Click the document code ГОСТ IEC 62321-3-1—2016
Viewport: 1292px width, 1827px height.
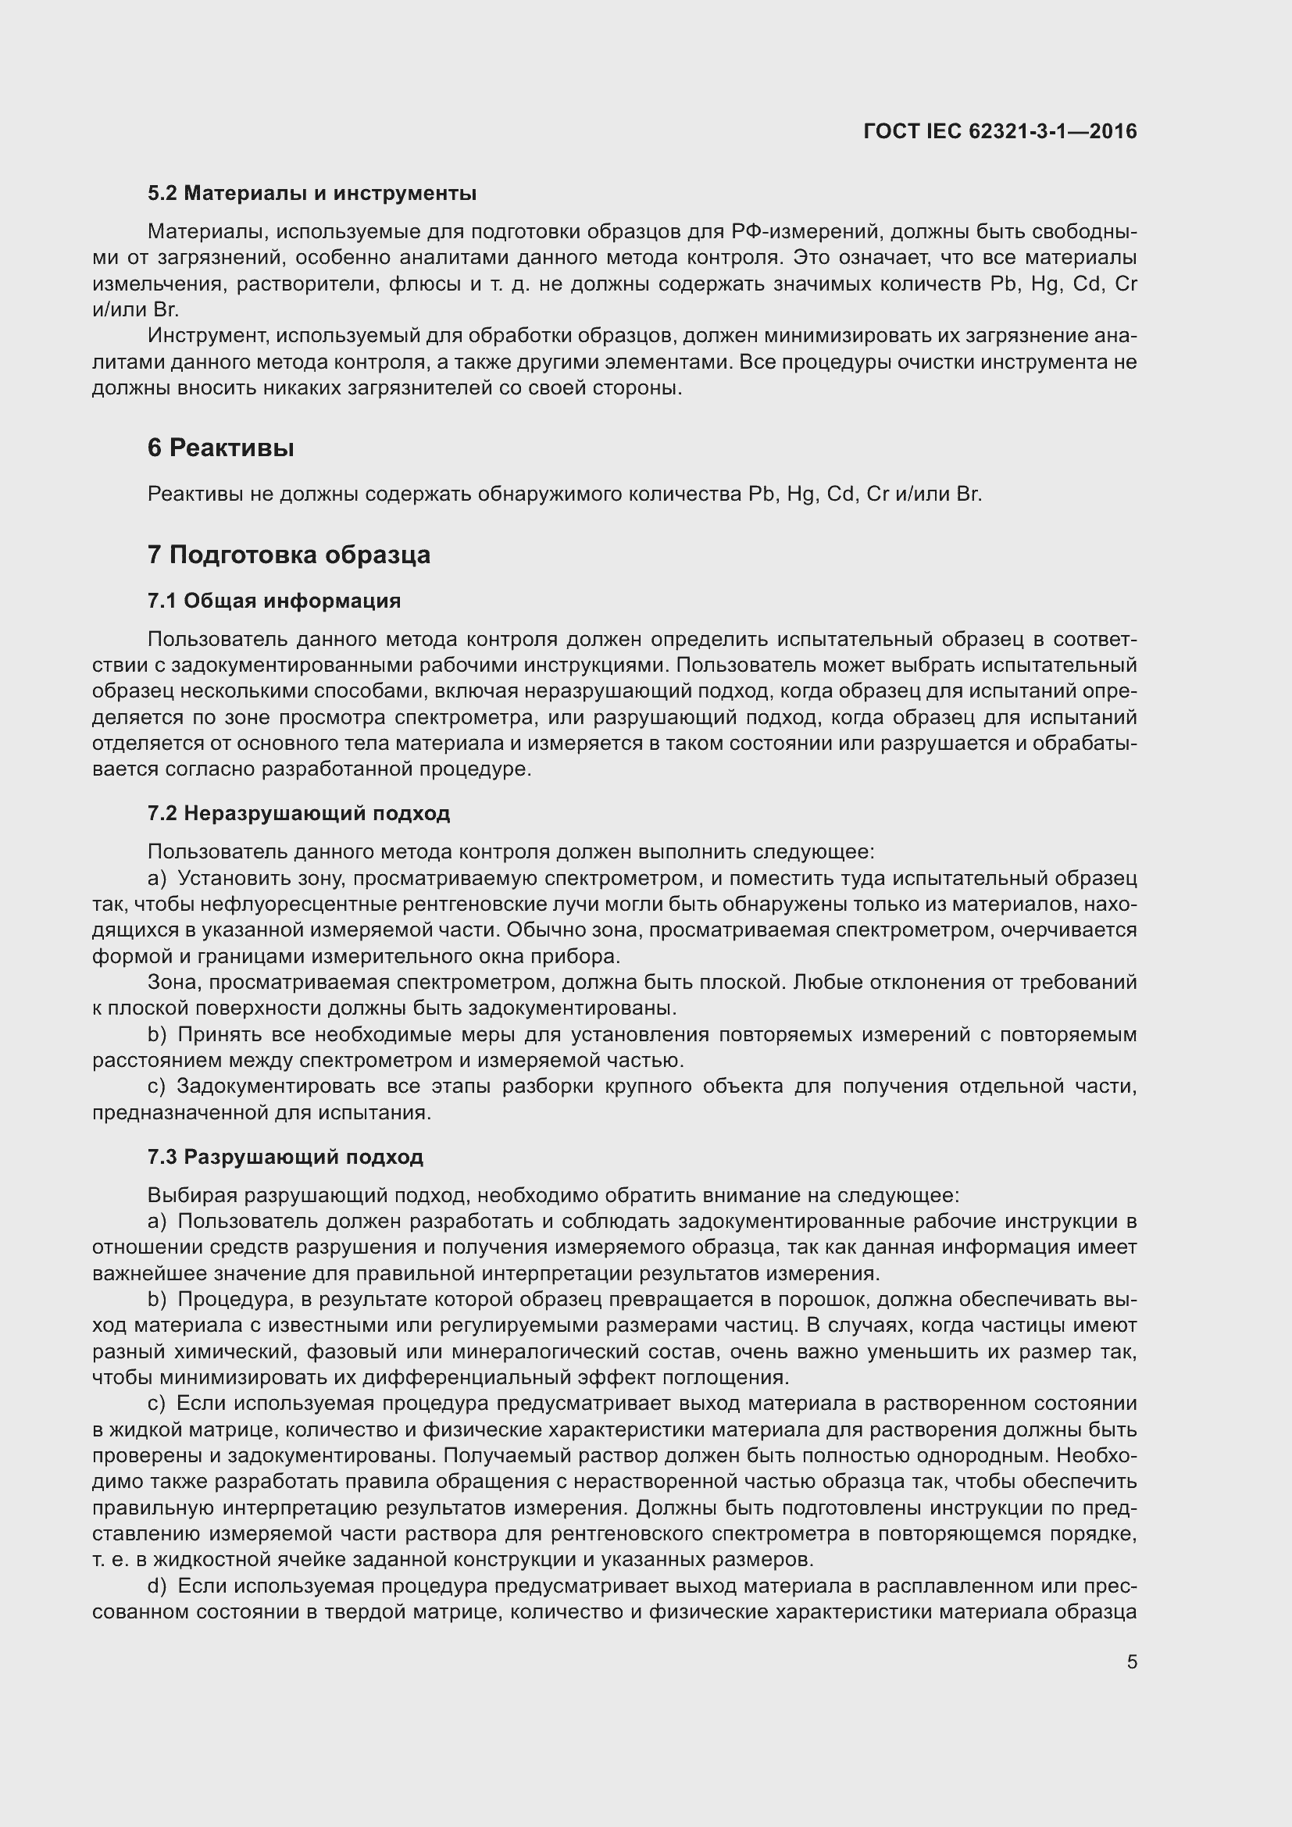pyautogui.click(x=1000, y=131)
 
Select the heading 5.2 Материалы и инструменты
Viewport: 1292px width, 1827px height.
pyautogui.click(x=312, y=194)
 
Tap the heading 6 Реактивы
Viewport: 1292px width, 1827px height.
pyautogui.click(x=220, y=448)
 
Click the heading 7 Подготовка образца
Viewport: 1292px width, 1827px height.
pyautogui.click(x=288, y=555)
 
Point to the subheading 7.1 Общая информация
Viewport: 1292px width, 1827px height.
pyautogui.click(x=273, y=601)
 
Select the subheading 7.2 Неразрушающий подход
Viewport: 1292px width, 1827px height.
pyautogui.click(x=298, y=813)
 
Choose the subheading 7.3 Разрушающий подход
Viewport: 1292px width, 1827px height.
pyautogui.click(x=285, y=1157)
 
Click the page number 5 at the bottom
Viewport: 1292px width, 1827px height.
pyautogui.click(x=1131, y=1662)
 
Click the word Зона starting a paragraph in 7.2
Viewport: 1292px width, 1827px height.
pyautogui.click(x=174, y=983)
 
